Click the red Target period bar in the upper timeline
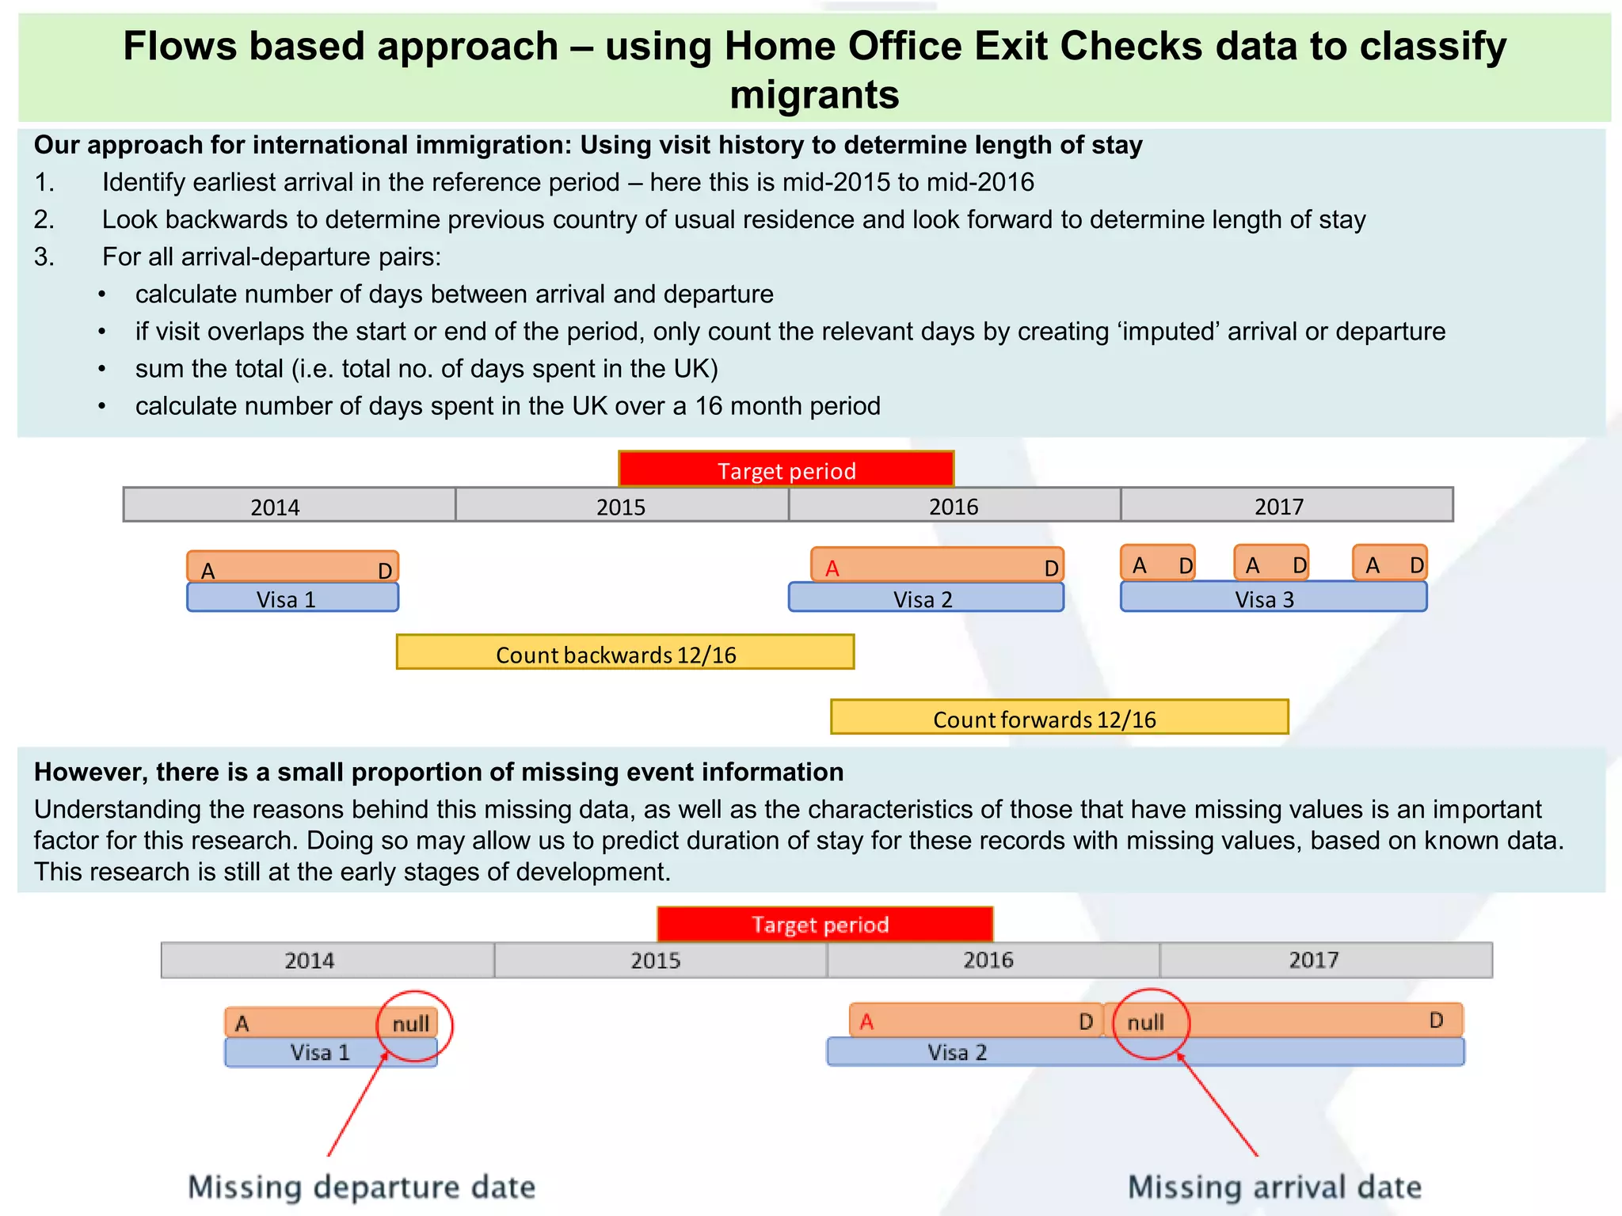click(x=786, y=469)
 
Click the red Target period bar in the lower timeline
click(x=824, y=924)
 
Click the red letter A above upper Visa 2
click(x=832, y=568)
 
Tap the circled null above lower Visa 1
click(x=411, y=1024)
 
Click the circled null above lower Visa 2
click(x=1145, y=1023)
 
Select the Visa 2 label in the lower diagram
click(x=957, y=1053)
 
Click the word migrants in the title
click(x=814, y=95)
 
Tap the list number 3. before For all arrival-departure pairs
click(x=44, y=257)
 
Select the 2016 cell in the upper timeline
click(x=954, y=505)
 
